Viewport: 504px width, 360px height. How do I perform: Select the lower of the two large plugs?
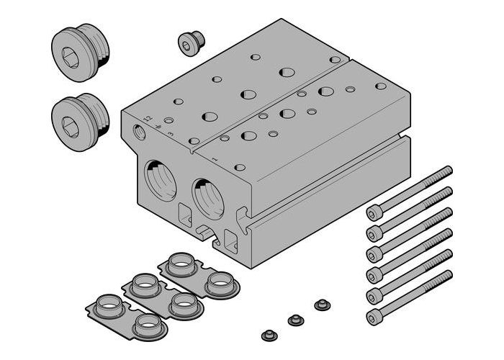(81, 115)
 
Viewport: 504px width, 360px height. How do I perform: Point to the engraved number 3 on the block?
(170, 133)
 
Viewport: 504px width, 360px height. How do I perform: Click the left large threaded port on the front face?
(161, 181)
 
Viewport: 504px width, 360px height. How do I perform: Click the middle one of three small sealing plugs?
(294, 319)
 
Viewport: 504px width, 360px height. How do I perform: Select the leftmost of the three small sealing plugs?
(269, 335)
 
